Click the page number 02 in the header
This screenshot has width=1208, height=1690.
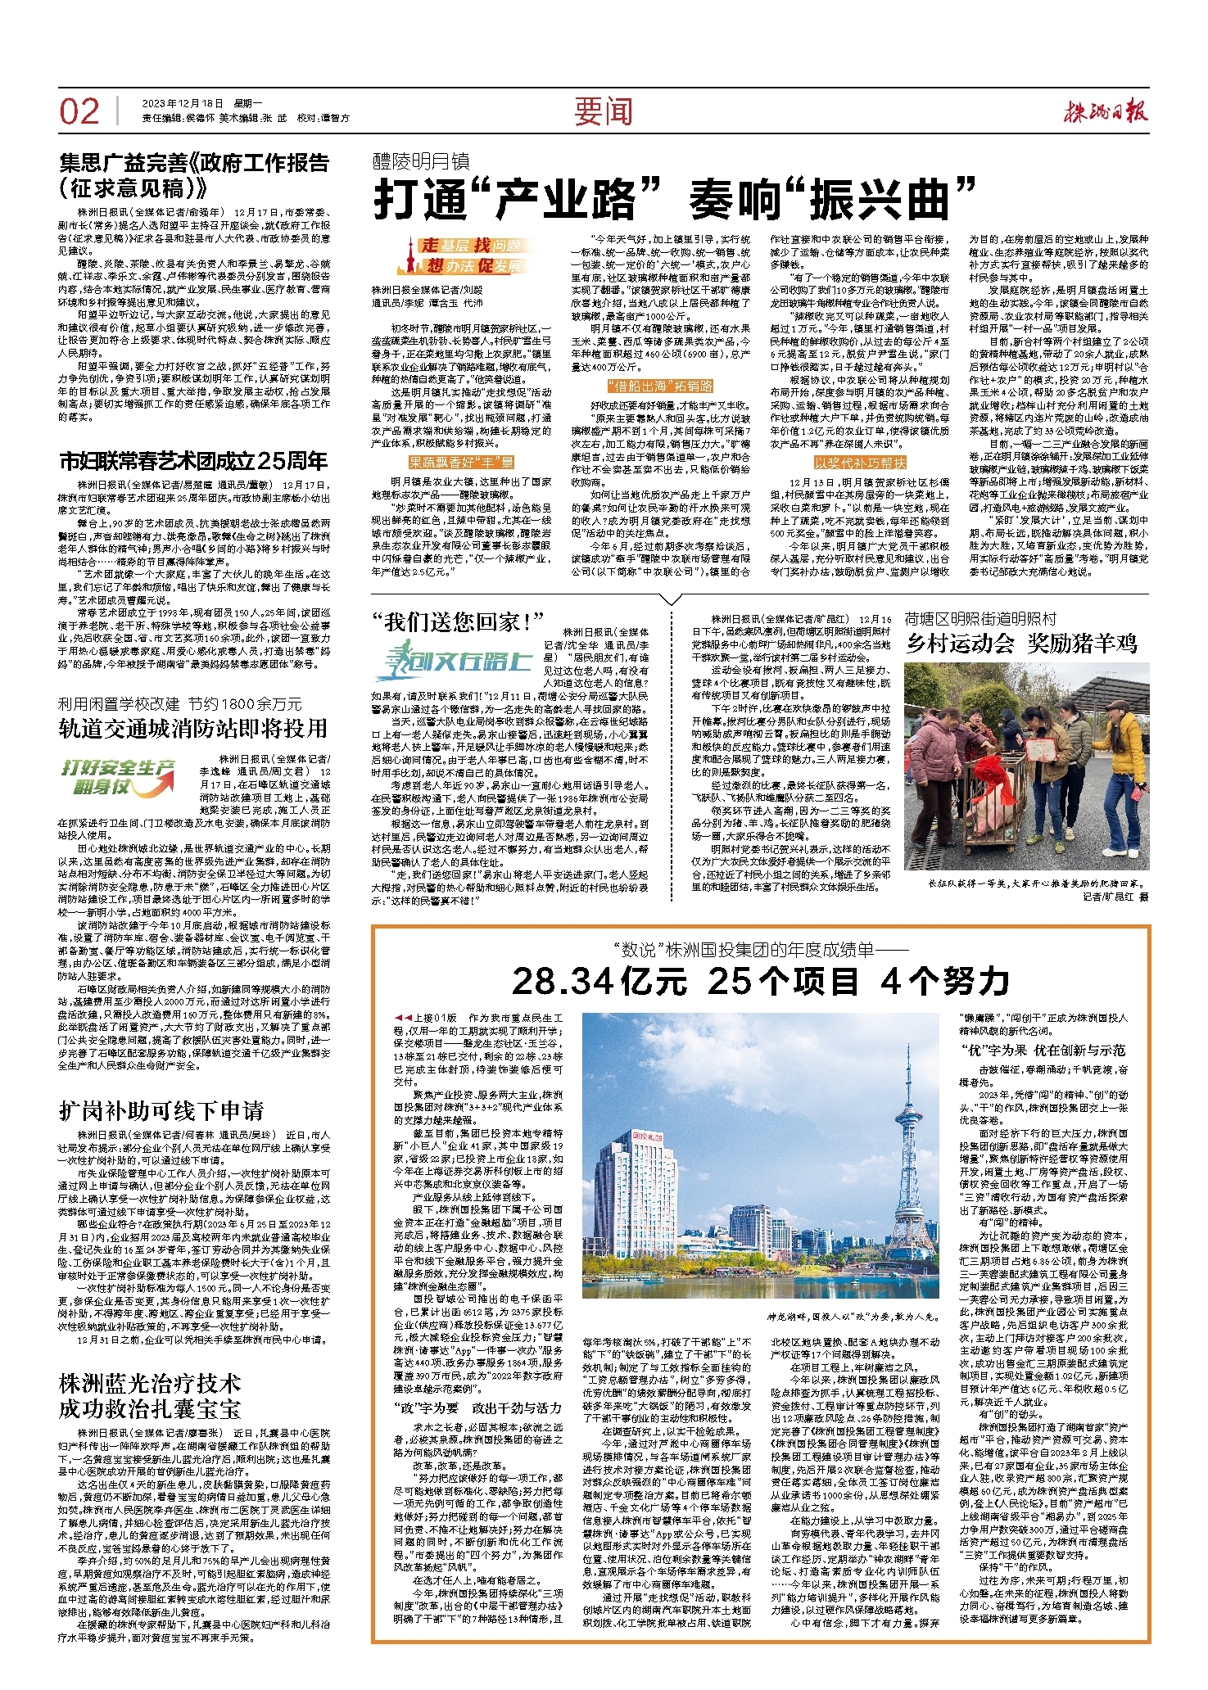click(79, 111)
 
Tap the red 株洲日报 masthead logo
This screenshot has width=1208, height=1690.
click(1106, 111)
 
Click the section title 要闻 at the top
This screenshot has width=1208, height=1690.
click(603, 111)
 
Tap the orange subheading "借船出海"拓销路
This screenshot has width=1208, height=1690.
click(660, 386)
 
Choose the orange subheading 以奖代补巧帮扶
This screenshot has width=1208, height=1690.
click(860, 463)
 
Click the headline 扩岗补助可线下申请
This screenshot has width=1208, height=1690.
click(162, 1111)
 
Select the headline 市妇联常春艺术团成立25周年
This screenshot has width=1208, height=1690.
click(194, 461)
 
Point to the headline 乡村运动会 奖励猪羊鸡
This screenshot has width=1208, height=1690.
click(1021, 644)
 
